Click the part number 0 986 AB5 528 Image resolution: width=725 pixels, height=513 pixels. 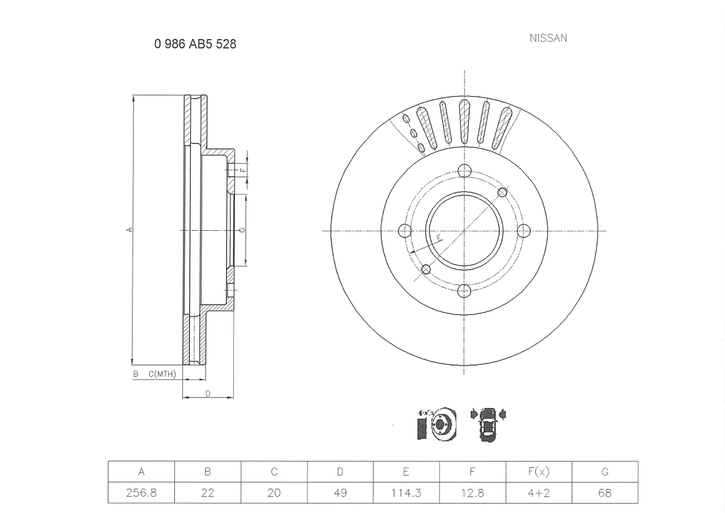tap(195, 44)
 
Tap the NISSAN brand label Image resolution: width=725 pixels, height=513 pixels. tap(548, 38)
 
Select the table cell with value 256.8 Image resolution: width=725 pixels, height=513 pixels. tap(141, 493)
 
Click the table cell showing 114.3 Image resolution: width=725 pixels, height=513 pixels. tap(406, 493)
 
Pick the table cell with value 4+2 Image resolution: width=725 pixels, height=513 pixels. tap(539, 493)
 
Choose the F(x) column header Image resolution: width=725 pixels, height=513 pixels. tap(539, 472)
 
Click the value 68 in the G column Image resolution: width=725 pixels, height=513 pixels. tap(604, 493)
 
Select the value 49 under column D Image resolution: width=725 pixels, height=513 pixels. tap(340, 493)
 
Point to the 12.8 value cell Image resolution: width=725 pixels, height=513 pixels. tap(472, 493)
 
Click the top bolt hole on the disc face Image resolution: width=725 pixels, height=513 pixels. tap(464, 170)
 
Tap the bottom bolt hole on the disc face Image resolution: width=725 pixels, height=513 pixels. tap(464, 291)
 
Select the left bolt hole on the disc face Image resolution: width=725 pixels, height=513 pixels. tap(404, 231)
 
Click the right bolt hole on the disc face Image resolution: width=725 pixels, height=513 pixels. tap(524, 231)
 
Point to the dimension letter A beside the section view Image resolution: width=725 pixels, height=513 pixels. tap(129, 230)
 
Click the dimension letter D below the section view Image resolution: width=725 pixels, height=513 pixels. tap(208, 393)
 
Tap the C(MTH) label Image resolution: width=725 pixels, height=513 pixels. tap(162, 374)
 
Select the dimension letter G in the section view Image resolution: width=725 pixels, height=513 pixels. tap(242, 230)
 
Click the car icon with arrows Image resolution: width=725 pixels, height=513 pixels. tap(488, 424)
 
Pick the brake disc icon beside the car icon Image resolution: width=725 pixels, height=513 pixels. tap(438, 423)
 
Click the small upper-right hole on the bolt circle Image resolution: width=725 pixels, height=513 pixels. tap(502, 192)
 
